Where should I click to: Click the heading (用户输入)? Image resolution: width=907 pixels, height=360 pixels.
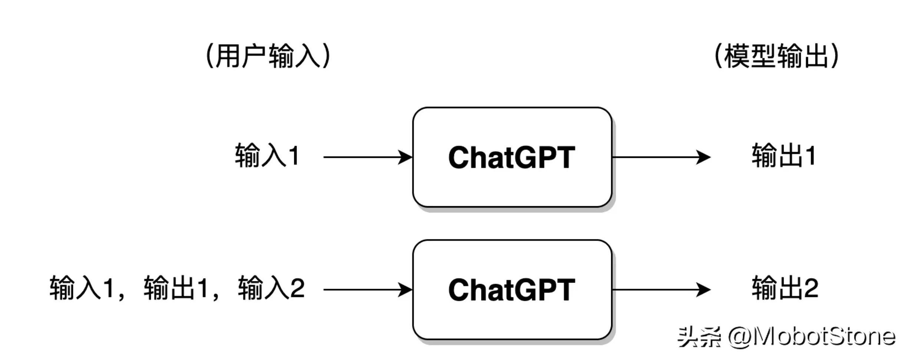(268, 56)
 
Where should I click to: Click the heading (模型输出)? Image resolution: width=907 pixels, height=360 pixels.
(776, 56)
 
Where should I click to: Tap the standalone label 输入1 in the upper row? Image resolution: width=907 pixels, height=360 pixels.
(267, 156)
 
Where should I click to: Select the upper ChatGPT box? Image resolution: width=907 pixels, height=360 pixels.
(512, 157)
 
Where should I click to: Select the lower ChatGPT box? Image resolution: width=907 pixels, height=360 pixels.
(512, 290)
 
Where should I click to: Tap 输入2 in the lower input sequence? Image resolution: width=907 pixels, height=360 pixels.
(271, 288)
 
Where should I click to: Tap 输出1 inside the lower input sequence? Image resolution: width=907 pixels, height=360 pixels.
(176, 288)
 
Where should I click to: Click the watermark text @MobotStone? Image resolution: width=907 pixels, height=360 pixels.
(811, 337)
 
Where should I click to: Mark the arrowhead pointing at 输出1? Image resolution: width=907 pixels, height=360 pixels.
(703, 157)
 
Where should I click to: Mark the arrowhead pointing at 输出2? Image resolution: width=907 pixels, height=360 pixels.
(703, 290)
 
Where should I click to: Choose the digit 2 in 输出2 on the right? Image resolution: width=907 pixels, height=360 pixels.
(811, 288)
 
